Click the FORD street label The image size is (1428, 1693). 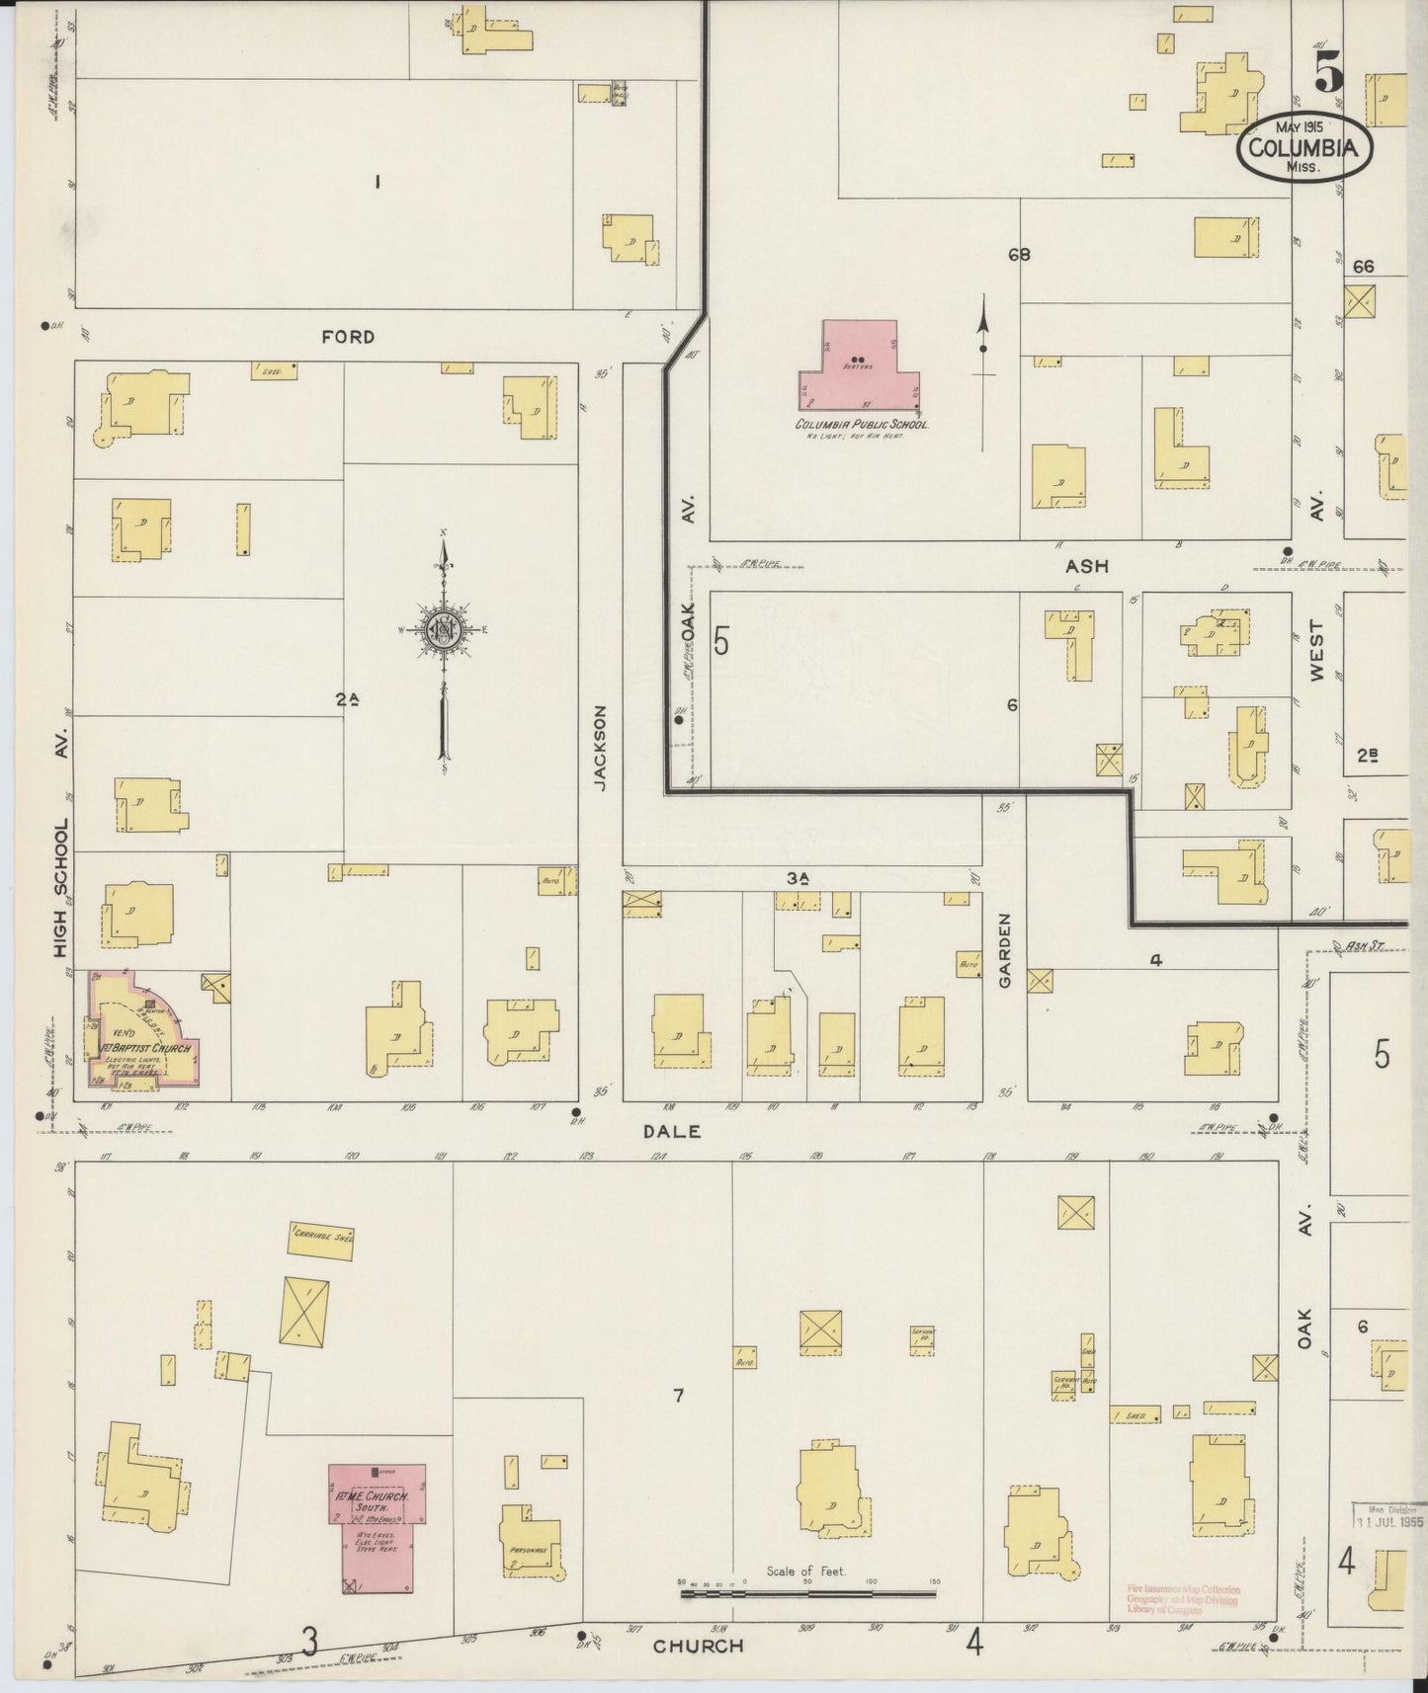pyautogui.click(x=348, y=337)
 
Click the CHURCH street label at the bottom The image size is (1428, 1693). pyautogui.click(x=698, y=1646)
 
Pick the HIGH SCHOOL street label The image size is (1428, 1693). pyautogui.click(x=61, y=889)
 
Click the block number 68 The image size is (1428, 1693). pyautogui.click(x=1019, y=255)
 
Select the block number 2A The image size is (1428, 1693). pyautogui.click(x=346, y=699)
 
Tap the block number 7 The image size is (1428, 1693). pyautogui.click(x=678, y=1396)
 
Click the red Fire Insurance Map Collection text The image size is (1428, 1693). pyautogui.click(x=1182, y=1600)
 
